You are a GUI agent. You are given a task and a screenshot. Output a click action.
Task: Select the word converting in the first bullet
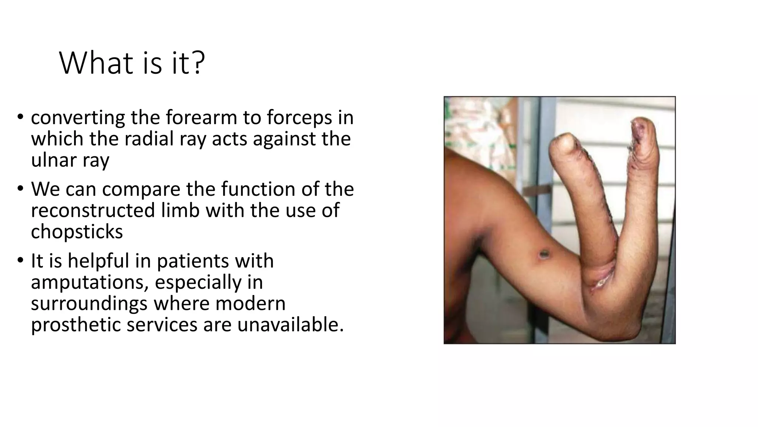pos(78,118)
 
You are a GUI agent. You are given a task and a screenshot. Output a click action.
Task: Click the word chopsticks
pos(77,232)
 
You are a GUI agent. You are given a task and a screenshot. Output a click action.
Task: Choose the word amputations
pos(89,282)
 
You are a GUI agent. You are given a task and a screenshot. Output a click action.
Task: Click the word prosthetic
pos(76,325)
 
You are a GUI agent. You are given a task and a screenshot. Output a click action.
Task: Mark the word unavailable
pos(291,325)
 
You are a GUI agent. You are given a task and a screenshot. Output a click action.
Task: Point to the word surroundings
pos(89,304)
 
